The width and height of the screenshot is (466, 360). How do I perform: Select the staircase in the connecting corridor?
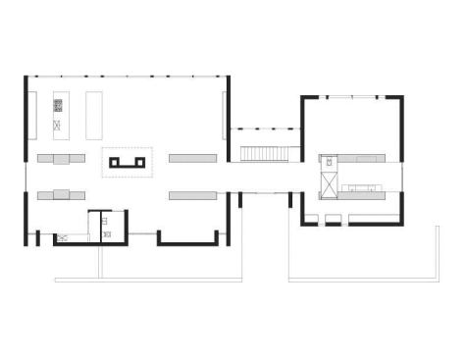(262, 152)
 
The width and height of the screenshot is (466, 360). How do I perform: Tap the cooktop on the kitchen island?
(57, 103)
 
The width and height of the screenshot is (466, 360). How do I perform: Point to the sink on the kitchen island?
(57, 125)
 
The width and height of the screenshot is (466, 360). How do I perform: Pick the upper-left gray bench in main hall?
(61, 157)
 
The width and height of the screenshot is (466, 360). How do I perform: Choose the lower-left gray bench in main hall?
(61, 194)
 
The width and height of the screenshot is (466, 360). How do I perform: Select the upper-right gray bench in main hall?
(192, 157)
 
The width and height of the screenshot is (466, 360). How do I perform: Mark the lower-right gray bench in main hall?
(192, 195)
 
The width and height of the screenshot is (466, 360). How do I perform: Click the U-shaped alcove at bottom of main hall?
(186, 235)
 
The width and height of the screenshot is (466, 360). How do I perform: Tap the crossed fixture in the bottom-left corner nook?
(62, 236)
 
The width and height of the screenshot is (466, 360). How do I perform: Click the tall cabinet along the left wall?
(31, 114)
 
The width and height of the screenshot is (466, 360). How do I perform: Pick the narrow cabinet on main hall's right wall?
(225, 114)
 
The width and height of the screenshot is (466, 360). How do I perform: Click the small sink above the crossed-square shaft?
(330, 161)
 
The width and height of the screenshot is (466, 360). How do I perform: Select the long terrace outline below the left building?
(147, 281)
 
